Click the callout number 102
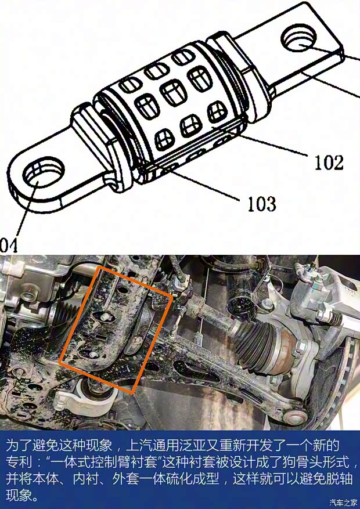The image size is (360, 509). [x=329, y=163]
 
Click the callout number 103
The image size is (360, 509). [x=262, y=204]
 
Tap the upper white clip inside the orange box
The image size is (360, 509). [x=105, y=317]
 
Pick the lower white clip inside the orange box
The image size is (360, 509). [x=93, y=355]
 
